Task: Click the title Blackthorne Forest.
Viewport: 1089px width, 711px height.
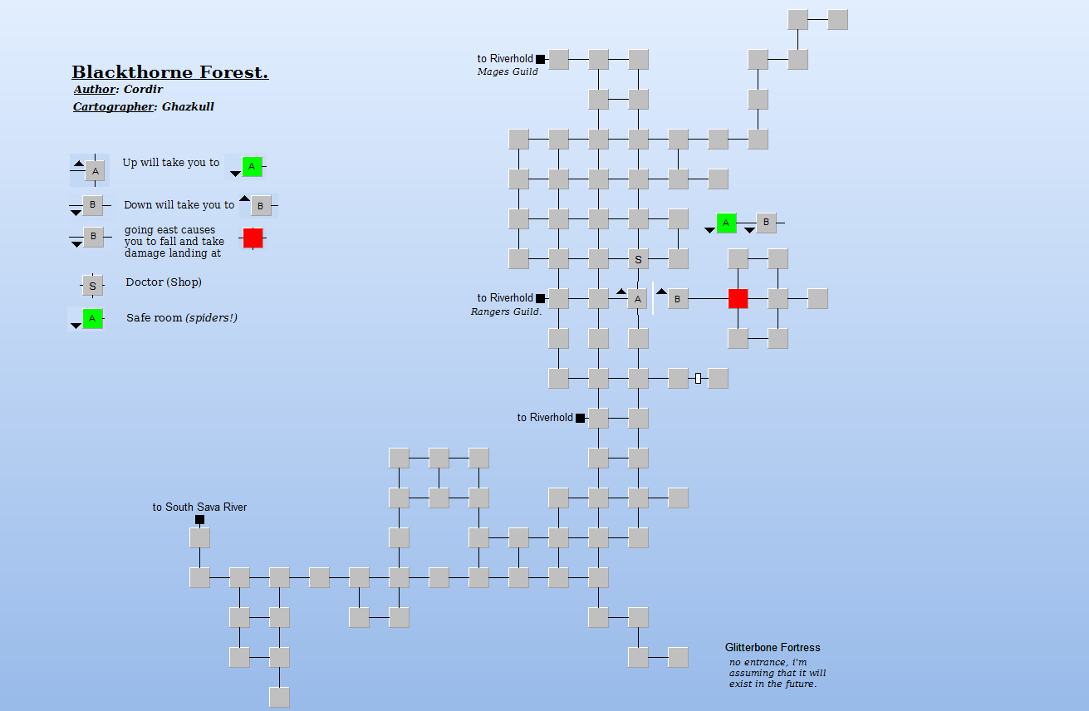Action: click(x=169, y=73)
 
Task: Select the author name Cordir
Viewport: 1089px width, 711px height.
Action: click(x=143, y=90)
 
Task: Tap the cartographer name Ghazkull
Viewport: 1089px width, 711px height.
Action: click(x=188, y=107)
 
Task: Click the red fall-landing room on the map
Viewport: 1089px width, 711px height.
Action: click(x=738, y=298)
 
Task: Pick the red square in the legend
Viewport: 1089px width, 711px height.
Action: click(x=253, y=238)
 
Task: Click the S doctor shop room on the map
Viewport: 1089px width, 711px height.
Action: click(x=638, y=259)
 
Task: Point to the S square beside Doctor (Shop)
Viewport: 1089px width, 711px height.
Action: click(x=92, y=286)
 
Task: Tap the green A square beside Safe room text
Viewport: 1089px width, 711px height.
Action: click(x=92, y=318)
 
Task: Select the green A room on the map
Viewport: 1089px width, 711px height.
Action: click(x=726, y=223)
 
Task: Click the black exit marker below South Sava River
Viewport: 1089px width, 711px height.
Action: click(x=199, y=520)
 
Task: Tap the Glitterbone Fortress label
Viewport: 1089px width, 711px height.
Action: click(x=773, y=648)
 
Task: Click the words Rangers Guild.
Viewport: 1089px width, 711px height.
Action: click(x=506, y=312)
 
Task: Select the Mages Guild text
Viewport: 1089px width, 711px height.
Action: click(x=508, y=72)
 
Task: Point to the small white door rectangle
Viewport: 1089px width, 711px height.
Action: click(x=698, y=379)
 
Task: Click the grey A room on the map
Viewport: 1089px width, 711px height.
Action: click(x=637, y=299)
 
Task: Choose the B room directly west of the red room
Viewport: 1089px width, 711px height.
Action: click(x=678, y=299)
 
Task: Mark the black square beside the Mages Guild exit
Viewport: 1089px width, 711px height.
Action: click(x=540, y=59)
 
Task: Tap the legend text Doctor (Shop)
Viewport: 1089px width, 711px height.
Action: click(x=164, y=282)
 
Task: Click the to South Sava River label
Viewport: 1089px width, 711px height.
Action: click(x=199, y=508)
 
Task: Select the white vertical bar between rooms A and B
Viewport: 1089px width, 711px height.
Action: click(x=653, y=298)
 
